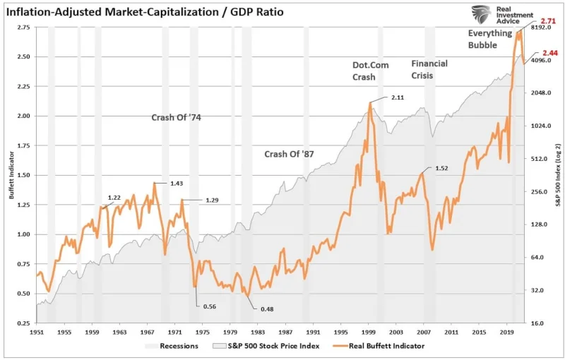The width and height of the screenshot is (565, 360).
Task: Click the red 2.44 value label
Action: coord(549,53)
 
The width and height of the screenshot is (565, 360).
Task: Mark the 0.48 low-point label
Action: coord(266,308)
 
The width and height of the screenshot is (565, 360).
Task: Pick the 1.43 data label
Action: coord(177,183)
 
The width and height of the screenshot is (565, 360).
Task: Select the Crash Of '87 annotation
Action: coord(287,154)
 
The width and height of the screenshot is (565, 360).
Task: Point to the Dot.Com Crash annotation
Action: coord(369,71)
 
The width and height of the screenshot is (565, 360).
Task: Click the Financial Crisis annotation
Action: coord(429,69)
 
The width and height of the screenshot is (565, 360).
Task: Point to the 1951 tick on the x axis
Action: coord(36,330)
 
